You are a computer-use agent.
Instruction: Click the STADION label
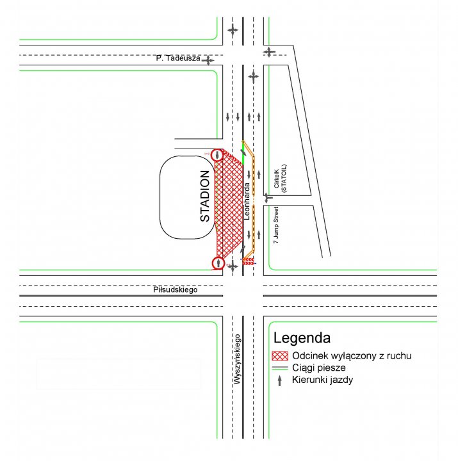pyautogui.click(x=205, y=196)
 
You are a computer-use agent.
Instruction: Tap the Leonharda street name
pyautogui.click(x=247, y=201)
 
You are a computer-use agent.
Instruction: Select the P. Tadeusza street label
pyautogui.click(x=178, y=58)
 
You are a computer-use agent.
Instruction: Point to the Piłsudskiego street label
pyautogui.click(x=176, y=290)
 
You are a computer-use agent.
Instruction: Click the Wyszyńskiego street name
pyautogui.click(x=237, y=359)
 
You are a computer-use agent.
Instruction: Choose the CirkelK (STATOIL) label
pyautogui.click(x=280, y=179)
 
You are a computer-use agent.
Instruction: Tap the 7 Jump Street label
pyautogui.click(x=275, y=225)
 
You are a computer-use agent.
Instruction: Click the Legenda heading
pyautogui.click(x=302, y=338)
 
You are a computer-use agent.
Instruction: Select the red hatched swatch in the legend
pyautogui.click(x=280, y=356)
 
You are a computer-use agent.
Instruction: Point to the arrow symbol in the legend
pyautogui.click(x=279, y=380)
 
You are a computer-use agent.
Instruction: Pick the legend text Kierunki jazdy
pyautogui.click(x=322, y=380)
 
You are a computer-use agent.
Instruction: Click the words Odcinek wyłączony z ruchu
pyautogui.click(x=352, y=356)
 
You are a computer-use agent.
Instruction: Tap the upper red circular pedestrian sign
pyautogui.click(x=217, y=155)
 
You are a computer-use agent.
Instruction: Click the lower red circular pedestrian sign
pyautogui.click(x=218, y=263)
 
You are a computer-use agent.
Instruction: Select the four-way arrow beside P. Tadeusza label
pyautogui.click(x=208, y=61)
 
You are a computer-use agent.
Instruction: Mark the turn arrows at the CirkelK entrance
pyautogui.click(x=267, y=198)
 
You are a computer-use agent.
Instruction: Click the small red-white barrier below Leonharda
pyautogui.click(x=249, y=261)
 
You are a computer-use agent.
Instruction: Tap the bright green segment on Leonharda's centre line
pyautogui.click(x=243, y=152)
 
